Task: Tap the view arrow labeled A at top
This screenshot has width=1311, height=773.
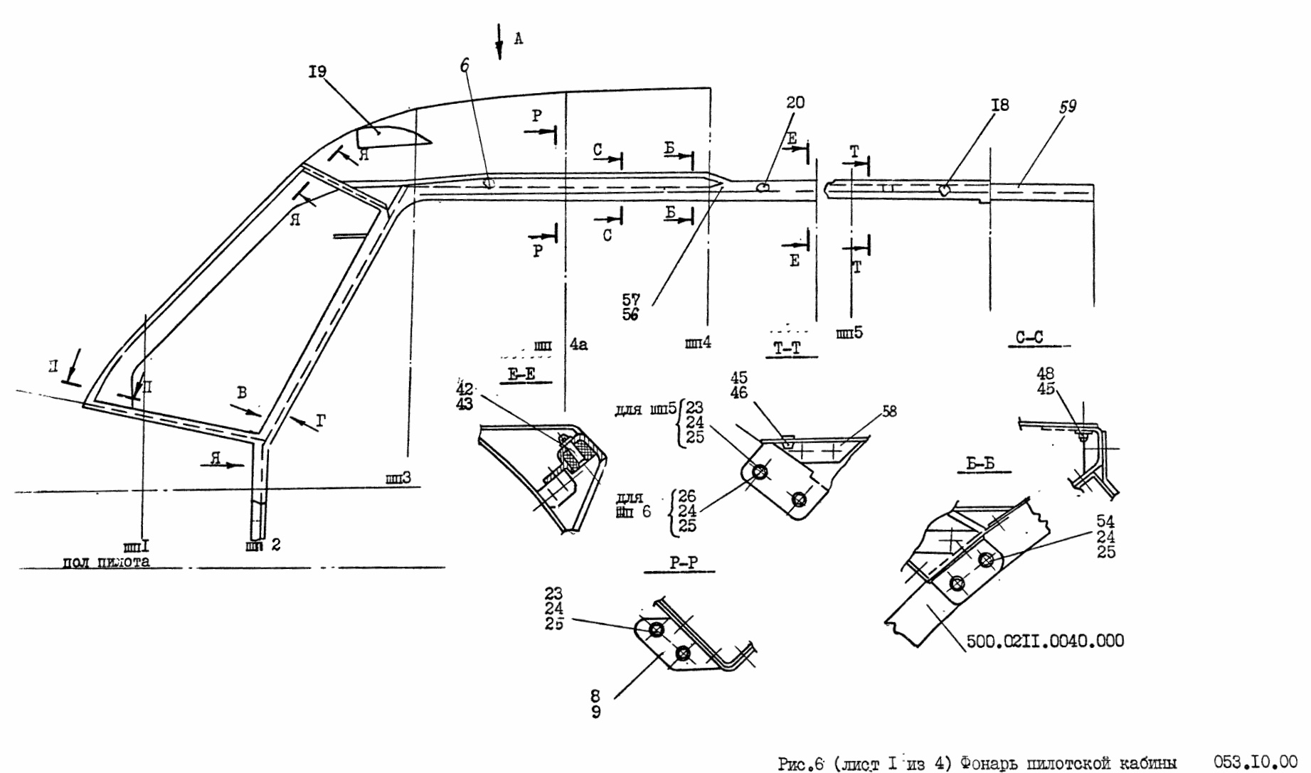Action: click(x=499, y=41)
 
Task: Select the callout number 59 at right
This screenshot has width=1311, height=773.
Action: click(x=1068, y=106)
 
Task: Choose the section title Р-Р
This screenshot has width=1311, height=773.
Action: click(x=684, y=563)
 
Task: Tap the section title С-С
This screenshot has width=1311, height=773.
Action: click(x=1029, y=338)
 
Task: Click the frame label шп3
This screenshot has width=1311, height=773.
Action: click(x=398, y=479)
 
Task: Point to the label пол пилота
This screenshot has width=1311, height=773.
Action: click(x=106, y=562)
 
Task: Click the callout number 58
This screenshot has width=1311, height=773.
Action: click(x=890, y=411)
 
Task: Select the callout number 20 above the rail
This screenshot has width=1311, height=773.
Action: click(x=795, y=102)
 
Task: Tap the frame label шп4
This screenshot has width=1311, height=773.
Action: click(x=698, y=343)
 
